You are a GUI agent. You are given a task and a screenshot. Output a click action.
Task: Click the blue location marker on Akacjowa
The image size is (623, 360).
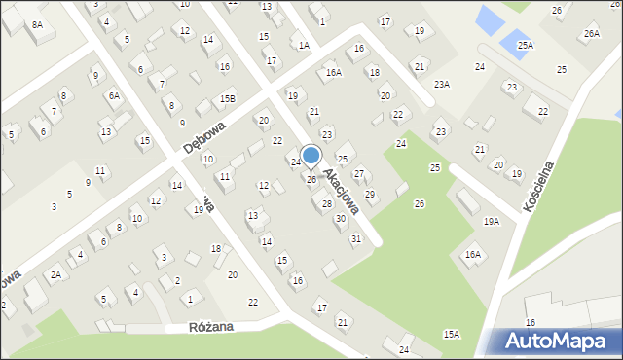[311, 155]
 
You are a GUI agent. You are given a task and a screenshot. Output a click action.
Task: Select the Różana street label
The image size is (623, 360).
[212, 328]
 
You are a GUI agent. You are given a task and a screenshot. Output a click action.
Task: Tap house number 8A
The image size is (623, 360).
[37, 25]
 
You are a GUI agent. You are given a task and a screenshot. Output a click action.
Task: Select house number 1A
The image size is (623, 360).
[304, 45]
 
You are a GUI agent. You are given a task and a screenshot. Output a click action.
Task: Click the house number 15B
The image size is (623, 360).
[227, 98]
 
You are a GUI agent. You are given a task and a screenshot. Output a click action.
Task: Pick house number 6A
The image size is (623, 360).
[114, 95]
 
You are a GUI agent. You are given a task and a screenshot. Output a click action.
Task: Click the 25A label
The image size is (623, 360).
[525, 45]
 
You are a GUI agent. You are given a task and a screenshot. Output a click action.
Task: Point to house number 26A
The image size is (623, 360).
[591, 34]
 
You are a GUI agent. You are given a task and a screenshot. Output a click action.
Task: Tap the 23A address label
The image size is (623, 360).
[442, 85]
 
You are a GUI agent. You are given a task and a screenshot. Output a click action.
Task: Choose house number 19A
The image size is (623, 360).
[491, 222]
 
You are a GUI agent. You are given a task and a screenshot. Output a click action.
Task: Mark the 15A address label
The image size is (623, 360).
[452, 334]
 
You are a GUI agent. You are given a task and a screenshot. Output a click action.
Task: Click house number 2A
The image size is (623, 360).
[56, 275]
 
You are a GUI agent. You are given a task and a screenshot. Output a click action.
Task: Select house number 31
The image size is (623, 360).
[356, 238]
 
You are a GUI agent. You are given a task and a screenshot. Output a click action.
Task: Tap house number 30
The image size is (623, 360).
[340, 219]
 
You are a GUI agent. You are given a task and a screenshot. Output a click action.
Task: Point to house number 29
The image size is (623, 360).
[369, 195]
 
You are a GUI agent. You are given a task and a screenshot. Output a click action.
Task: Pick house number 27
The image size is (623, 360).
[358, 174]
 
